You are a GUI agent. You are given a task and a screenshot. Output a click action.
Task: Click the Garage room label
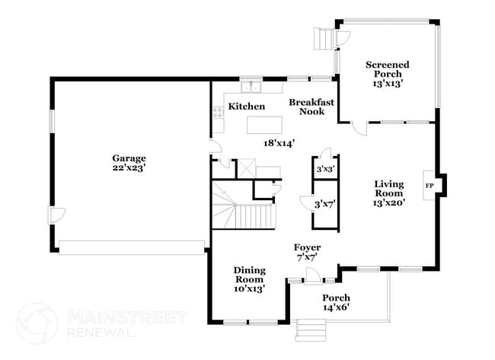(129, 158)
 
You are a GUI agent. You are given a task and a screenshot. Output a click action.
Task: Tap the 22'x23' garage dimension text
(129, 167)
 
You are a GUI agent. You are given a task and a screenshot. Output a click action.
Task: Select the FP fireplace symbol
(429, 185)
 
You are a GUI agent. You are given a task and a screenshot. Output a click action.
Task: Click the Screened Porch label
(387, 69)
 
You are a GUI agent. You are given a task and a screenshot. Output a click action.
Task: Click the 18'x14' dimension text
(279, 142)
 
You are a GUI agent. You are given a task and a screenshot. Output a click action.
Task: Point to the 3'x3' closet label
(324, 169)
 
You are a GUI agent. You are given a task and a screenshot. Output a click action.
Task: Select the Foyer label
(308, 253)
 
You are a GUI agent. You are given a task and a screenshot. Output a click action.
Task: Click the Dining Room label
(248, 279)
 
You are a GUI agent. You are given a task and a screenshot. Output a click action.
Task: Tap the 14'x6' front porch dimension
(336, 307)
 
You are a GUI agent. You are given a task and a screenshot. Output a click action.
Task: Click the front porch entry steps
(311, 330)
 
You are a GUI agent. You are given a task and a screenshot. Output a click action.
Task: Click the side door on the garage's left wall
(53, 218)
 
